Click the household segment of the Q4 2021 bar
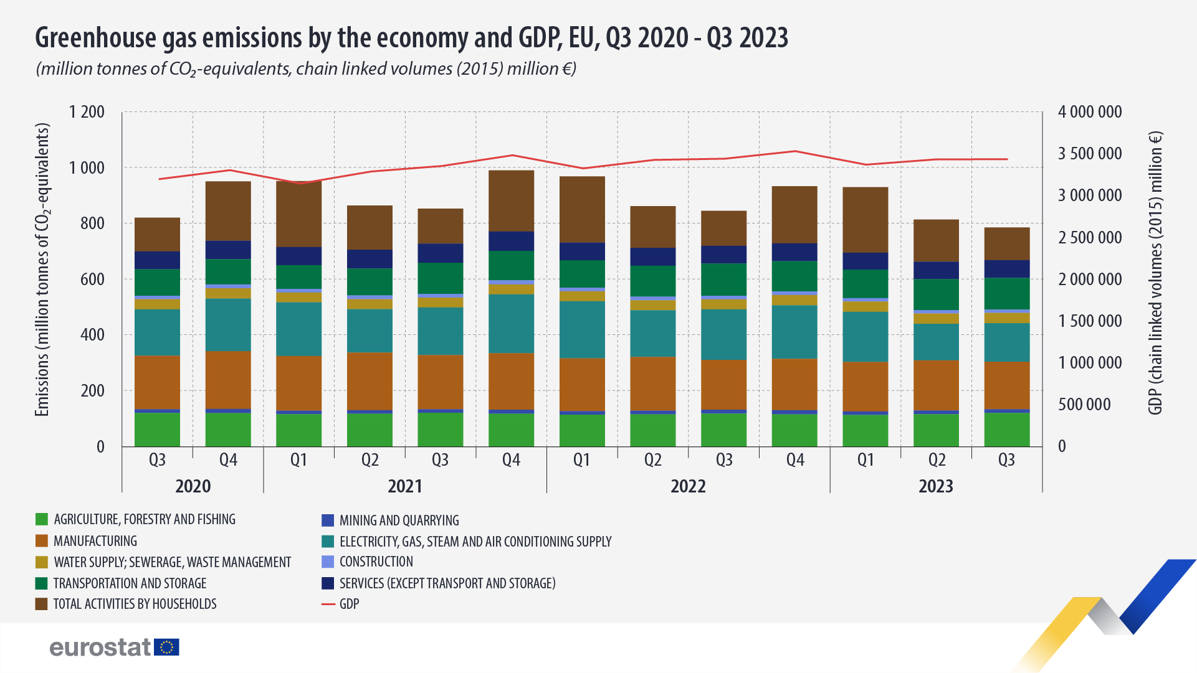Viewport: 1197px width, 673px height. [511, 200]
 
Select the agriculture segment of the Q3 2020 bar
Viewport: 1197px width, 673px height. [157, 430]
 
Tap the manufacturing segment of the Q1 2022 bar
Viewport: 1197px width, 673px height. [582, 384]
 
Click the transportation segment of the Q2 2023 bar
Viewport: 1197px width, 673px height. [936, 294]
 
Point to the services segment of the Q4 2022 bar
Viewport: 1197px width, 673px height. [794, 252]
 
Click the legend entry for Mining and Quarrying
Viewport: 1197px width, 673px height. [399, 520]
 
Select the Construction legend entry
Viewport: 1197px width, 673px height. [376, 562]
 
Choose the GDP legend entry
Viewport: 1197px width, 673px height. [348, 604]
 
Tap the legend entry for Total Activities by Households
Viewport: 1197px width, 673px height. [135, 604]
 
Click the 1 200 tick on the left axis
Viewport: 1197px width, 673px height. [87, 112]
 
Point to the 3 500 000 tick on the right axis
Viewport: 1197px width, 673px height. [1089, 154]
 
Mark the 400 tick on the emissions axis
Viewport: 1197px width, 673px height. [92, 335]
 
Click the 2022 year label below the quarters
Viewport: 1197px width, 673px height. [688, 486]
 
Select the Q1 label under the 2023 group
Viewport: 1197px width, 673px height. [866, 460]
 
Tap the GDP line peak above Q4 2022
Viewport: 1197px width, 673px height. [794, 151]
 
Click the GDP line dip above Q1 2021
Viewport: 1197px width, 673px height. [300, 183]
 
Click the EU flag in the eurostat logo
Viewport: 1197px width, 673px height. [166, 647]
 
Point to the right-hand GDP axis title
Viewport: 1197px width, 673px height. [1155, 273]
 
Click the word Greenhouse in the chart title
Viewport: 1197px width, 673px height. [97, 38]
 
